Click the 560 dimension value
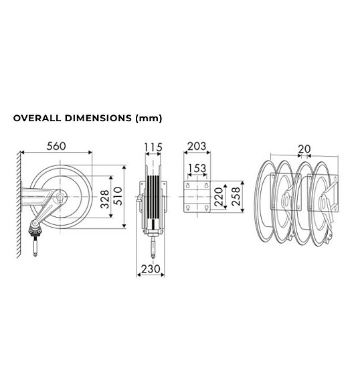[x=56, y=146]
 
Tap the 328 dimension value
[x=105, y=199]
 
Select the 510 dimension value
[x=118, y=196]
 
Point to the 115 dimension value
[x=153, y=147]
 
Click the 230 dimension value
[x=151, y=269]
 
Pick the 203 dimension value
[x=197, y=147]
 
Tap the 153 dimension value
[x=197, y=168]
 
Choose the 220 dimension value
[x=218, y=196]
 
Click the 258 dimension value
[x=236, y=196]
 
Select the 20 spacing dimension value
[x=304, y=149]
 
